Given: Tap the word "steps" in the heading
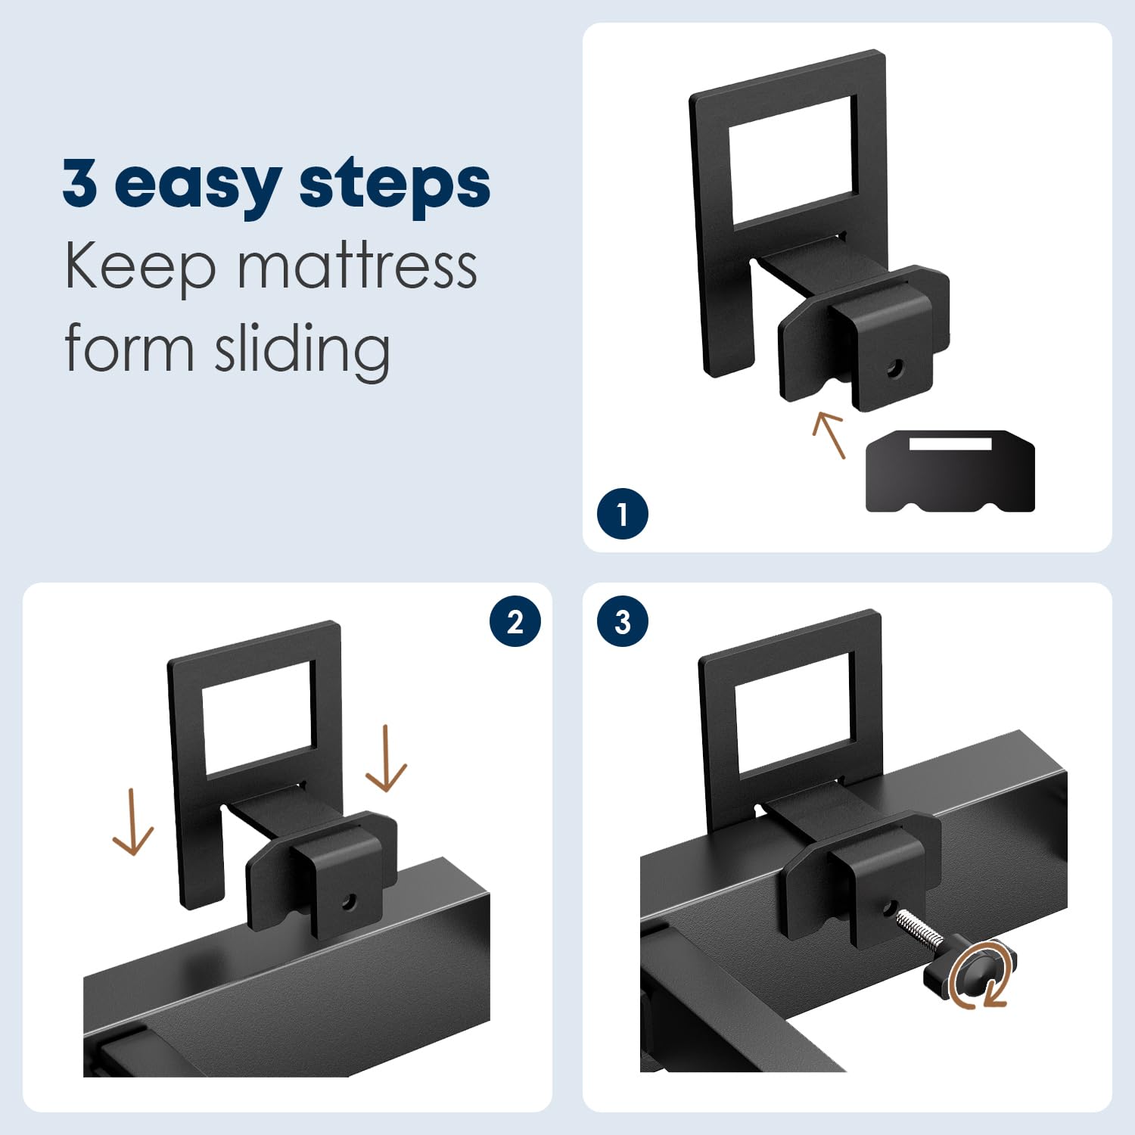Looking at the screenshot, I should click(394, 184).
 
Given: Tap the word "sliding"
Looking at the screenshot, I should click(303, 350).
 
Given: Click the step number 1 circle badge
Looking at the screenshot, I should click(622, 514).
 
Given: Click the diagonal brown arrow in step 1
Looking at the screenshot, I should click(829, 434).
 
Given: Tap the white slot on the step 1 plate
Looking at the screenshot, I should click(950, 443).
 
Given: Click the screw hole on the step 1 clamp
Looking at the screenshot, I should click(894, 369).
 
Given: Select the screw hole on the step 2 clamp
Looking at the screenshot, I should click(349, 902).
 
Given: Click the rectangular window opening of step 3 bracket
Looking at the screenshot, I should click(794, 714).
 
